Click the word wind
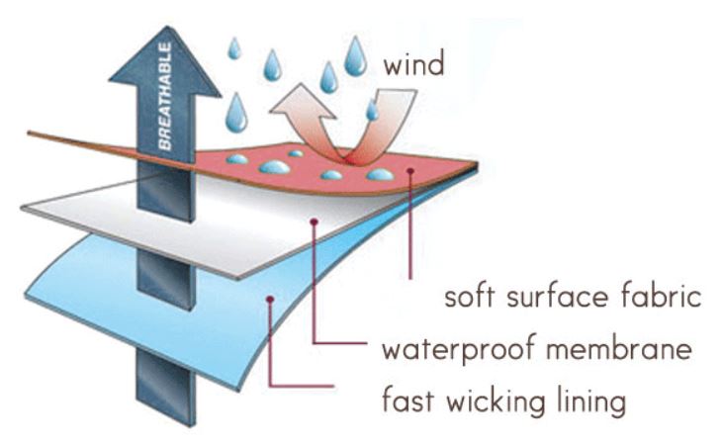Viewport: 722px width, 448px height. coord(415,66)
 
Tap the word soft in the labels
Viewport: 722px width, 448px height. coord(472,296)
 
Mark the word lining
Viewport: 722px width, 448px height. coord(590,403)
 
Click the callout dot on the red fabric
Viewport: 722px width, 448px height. coord(409,174)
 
